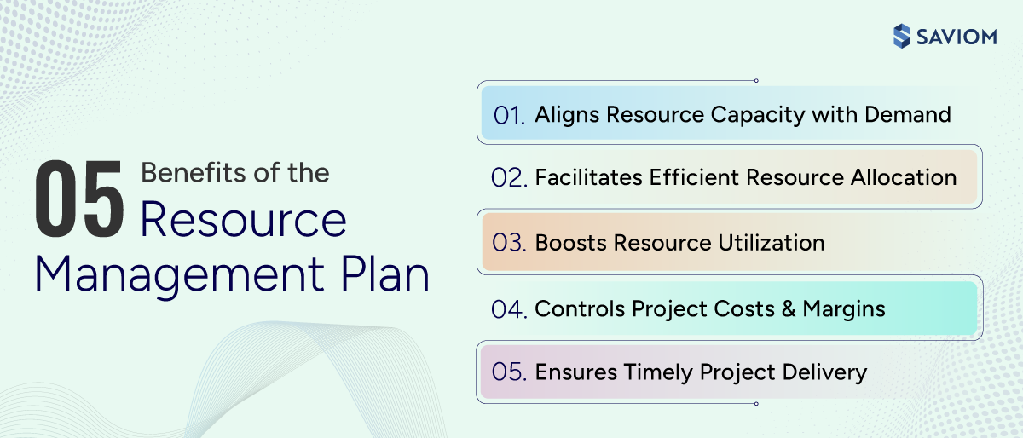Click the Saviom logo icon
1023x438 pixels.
(x=901, y=36)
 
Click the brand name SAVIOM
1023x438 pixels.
(x=956, y=36)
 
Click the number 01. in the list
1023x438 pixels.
(x=509, y=115)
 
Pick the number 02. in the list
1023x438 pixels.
(x=509, y=178)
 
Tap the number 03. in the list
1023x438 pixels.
(x=509, y=243)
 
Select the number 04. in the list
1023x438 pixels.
(x=509, y=308)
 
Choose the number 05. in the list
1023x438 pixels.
(x=509, y=372)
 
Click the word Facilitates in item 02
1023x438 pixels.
(x=589, y=177)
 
